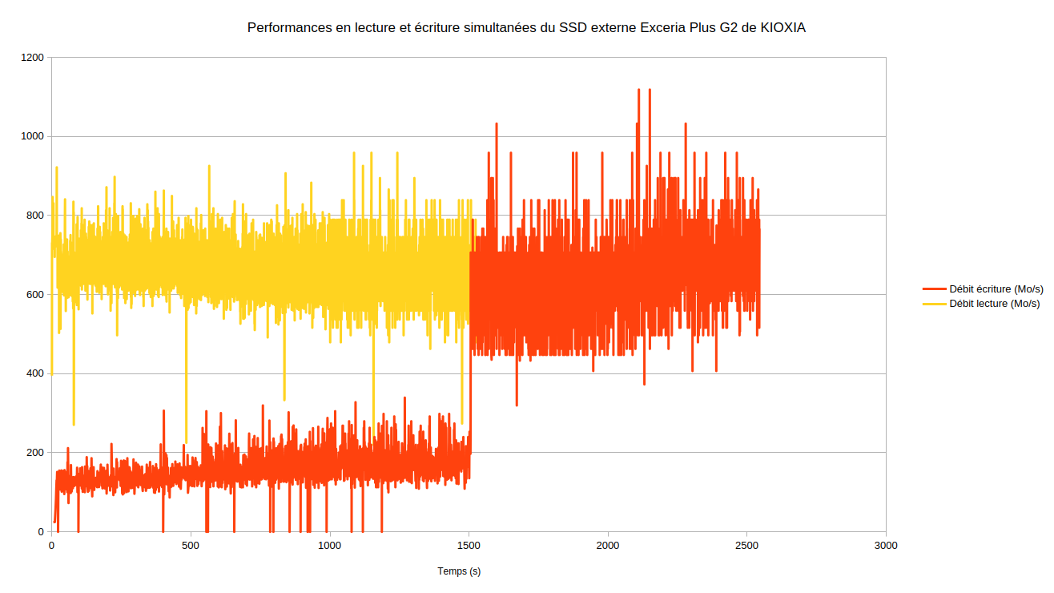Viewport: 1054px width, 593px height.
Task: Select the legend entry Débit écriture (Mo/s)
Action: [x=996, y=289]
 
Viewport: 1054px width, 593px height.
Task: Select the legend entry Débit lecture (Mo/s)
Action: [x=994, y=304]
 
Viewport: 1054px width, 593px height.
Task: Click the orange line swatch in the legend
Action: [x=934, y=289]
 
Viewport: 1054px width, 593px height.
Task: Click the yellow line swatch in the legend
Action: [x=934, y=304]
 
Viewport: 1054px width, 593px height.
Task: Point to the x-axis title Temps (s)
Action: [x=459, y=571]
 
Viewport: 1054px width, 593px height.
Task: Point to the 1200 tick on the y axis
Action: [x=33, y=58]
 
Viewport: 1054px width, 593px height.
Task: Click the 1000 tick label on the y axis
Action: [x=33, y=137]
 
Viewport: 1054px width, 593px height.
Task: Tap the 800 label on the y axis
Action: [x=36, y=216]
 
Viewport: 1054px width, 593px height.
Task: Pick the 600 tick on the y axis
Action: [x=36, y=295]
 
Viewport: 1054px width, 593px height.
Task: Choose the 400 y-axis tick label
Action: [x=36, y=374]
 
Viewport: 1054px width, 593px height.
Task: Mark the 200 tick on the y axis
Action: [x=36, y=453]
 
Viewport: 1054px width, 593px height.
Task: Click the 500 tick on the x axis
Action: [x=191, y=546]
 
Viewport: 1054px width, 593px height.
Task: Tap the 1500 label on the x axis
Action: [x=469, y=546]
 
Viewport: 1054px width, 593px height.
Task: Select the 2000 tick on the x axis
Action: [x=608, y=546]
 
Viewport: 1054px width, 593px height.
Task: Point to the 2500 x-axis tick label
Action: [x=746, y=546]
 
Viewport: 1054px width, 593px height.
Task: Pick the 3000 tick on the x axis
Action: [x=886, y=546]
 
